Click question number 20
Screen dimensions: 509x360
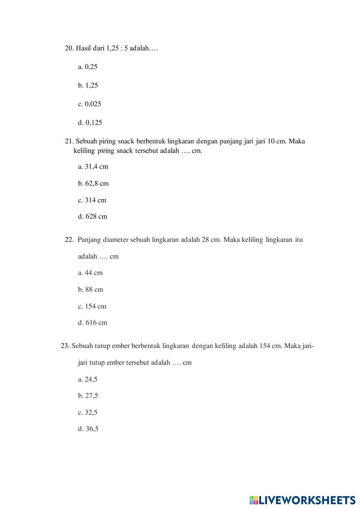click(69, 48)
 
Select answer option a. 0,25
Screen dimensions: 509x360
click(88, 67)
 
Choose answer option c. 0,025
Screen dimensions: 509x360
click(90, 104)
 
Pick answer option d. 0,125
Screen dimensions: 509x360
click(90, 123)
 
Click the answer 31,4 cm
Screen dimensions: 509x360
click(93, 167)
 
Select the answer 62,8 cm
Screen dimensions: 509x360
click(93, 184)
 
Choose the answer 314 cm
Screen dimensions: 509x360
click(92, 200)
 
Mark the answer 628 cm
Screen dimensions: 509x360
click(93, 217)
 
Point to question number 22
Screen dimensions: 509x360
click(69, 240)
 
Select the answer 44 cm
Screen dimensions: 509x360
click(90, 273)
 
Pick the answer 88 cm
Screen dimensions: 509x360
click(91, 289)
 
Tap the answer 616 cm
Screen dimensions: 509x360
click(93, 323)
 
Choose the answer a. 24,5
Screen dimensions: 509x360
click(88, 379)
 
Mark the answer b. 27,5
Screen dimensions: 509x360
click(88, 396)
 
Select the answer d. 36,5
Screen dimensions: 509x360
click(88, 429)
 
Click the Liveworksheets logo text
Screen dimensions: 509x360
click(306, 500)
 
